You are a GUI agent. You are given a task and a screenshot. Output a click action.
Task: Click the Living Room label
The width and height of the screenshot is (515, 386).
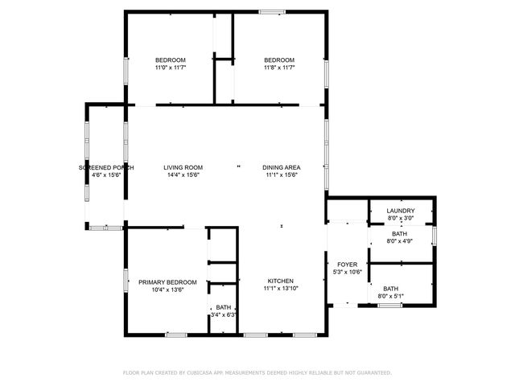[x=183, y=167]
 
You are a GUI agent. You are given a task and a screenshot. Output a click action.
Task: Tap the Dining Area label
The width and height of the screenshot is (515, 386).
[x=282, y=167]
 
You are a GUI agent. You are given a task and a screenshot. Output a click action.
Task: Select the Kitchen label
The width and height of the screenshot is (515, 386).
[x=281, y=281]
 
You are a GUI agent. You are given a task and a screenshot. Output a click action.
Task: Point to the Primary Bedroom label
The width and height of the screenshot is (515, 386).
[x=167, y=282]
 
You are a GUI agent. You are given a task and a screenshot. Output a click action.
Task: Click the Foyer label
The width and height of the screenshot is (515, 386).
[x=347, y=264]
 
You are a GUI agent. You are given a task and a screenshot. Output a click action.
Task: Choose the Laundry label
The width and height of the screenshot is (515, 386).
[x=400, y=211]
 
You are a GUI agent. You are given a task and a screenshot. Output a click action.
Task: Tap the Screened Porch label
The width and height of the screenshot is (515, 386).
[x=106, y=167]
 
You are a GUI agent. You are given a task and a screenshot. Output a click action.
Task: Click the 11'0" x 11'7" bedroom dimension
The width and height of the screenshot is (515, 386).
[x=171, y=68]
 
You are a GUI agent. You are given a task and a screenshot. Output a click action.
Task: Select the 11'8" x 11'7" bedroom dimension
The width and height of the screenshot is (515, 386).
[x=279, y=68]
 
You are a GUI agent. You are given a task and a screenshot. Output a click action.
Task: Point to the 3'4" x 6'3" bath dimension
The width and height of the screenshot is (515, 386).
[x=224, y=314]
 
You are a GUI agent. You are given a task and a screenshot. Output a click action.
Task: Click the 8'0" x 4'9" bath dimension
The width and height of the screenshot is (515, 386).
[x=400, y=240]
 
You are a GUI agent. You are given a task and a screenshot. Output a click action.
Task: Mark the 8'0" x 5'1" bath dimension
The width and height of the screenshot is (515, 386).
[x=391, y=296]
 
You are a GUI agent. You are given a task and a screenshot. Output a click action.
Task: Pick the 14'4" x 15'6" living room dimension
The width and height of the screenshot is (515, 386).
[x=183, y=175]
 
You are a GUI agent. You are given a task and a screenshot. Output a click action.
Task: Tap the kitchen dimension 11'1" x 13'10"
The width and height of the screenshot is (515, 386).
[x=281, y=288]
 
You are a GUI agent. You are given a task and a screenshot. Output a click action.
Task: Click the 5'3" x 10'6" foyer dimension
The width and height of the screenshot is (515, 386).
[x=348, y=271]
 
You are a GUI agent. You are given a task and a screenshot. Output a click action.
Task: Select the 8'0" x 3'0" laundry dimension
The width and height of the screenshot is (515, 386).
[x=400, y=218]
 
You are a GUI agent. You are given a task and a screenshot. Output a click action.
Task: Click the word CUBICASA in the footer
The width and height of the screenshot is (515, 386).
[x=202, y=373]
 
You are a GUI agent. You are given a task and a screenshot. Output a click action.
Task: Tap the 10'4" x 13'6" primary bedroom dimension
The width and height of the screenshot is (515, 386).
[x=167, y=289]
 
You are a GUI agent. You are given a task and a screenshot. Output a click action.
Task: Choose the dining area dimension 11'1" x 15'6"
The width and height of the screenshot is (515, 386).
[x=282, y=175]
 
